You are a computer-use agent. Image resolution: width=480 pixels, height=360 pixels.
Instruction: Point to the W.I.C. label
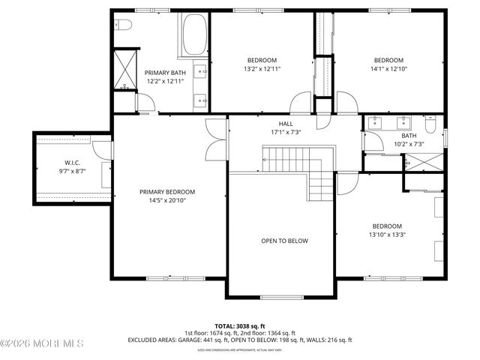(72, 162)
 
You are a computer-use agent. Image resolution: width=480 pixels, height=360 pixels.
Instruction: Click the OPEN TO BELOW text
(284, 241)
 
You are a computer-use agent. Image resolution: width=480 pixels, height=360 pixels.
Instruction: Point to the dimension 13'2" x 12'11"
(262, 69)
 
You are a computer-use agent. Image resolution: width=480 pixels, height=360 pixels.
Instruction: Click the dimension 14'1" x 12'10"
(388, 69)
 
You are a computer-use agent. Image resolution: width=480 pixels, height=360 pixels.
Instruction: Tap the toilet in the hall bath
(430, 124)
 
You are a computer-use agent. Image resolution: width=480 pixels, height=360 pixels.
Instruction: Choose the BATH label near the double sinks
(409, 136)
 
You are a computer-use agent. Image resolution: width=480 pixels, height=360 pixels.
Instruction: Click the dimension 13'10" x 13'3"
(388, 235)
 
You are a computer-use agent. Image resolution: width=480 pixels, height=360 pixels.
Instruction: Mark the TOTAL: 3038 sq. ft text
(240, 327)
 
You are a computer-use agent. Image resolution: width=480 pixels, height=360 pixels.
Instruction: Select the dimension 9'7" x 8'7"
(72, 171)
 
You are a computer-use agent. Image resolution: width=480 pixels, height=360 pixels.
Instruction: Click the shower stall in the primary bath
(124, 70)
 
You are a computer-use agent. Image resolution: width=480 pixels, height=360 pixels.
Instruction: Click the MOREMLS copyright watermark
(42, 343)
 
